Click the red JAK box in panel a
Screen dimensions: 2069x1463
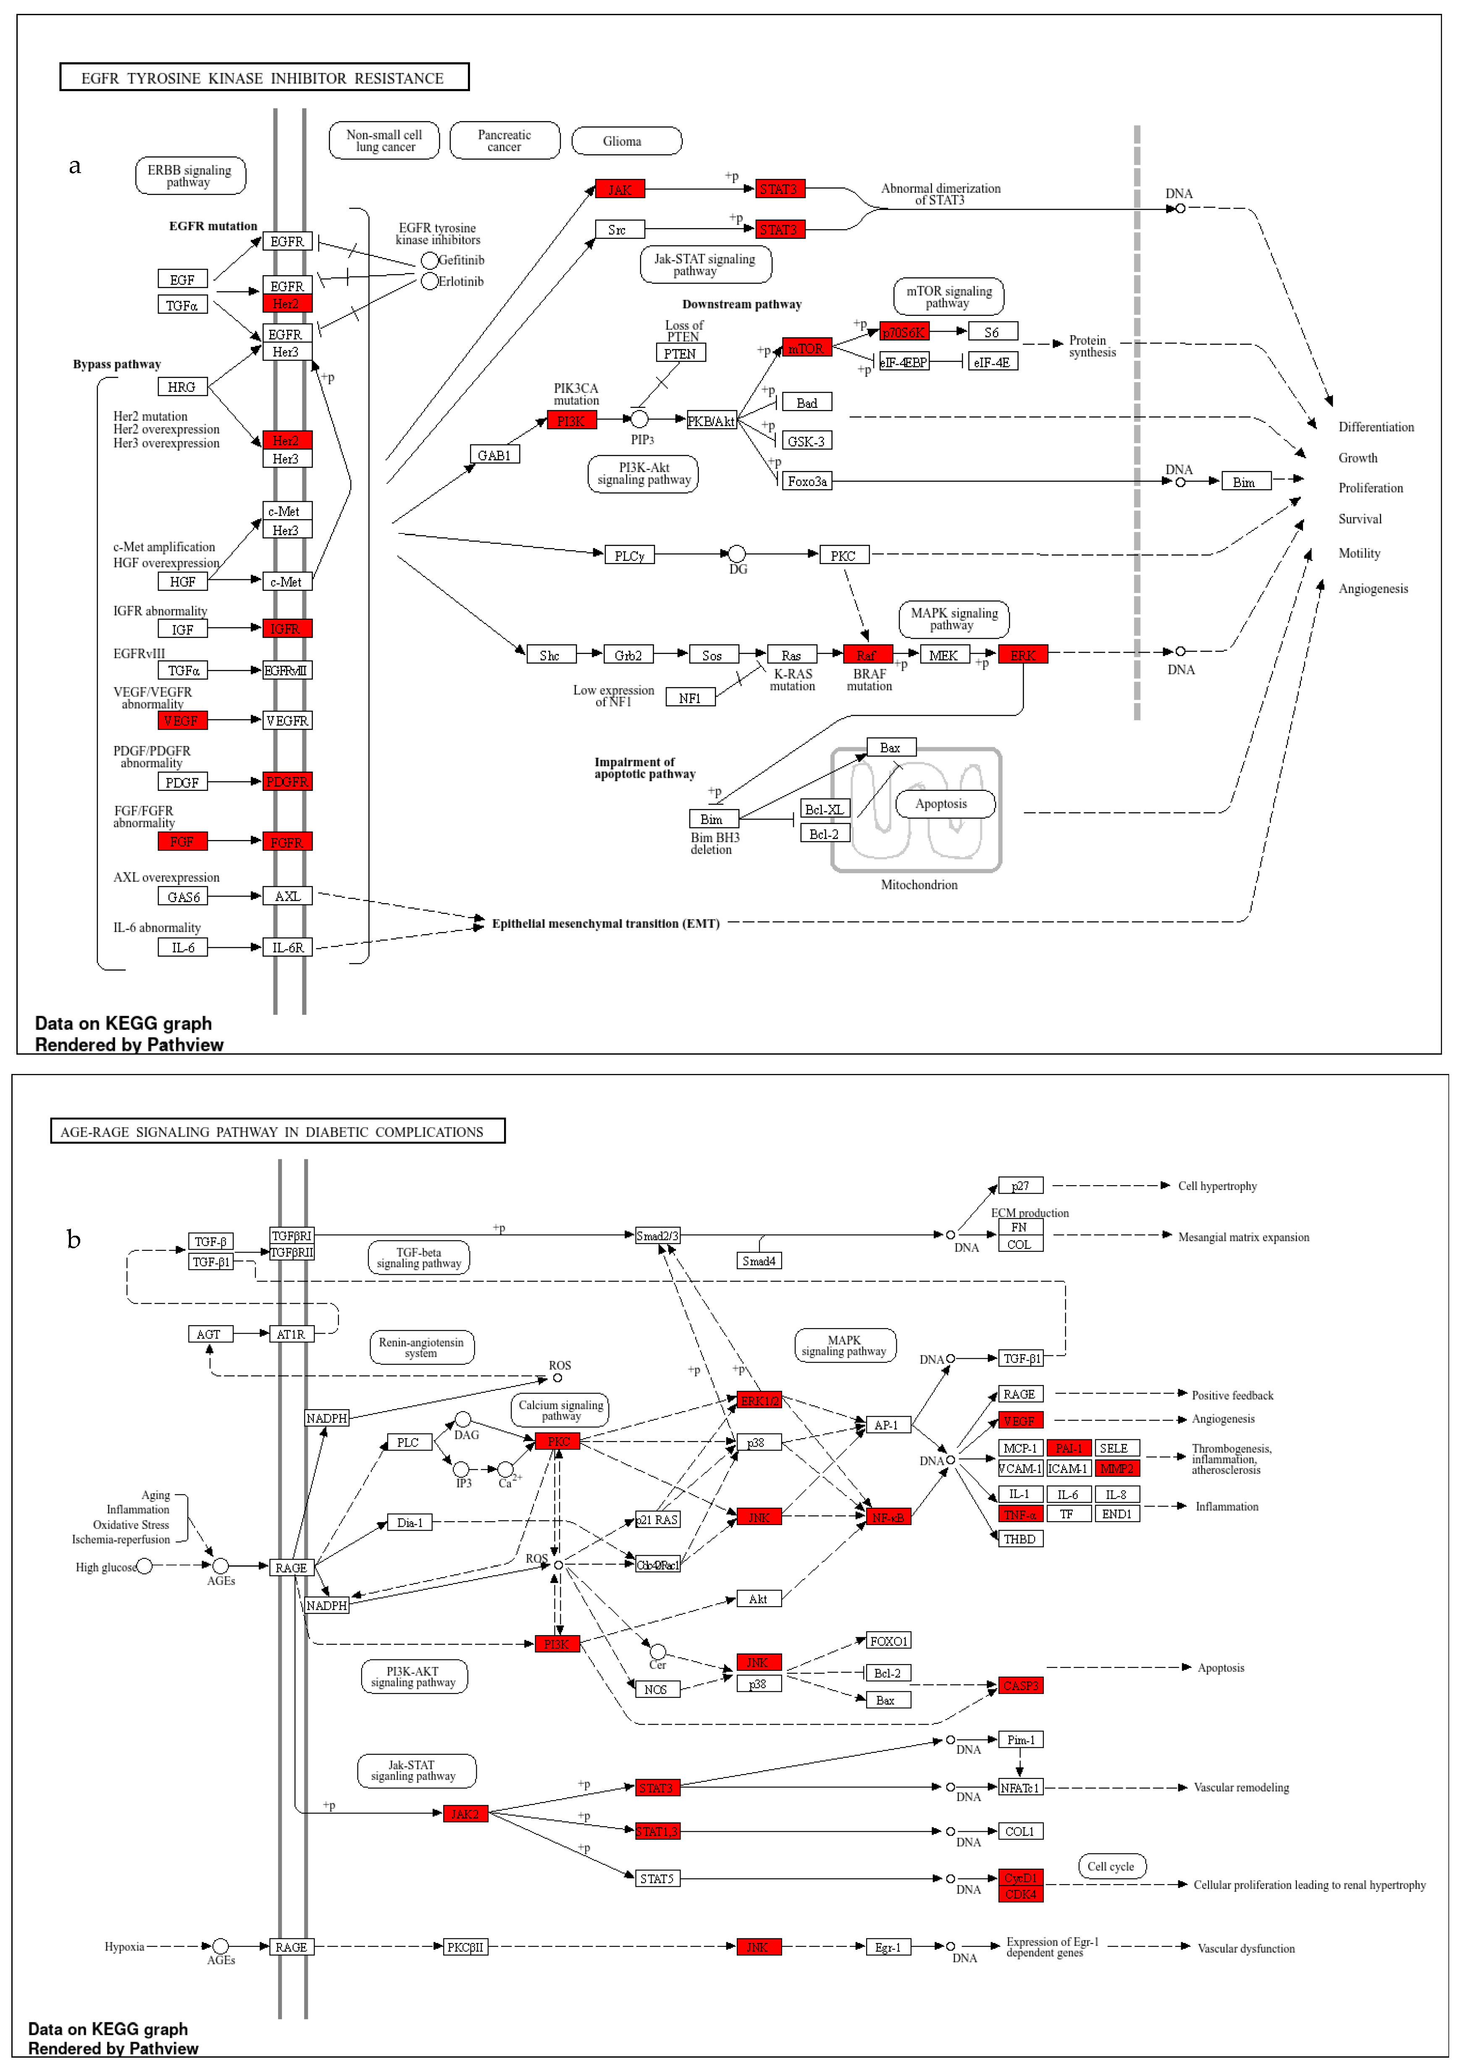(x=619, y=189)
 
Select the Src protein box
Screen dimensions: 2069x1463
(x=619, y=230)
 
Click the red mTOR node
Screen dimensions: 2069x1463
(x=806, y=348)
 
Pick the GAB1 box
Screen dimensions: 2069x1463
(x=494, y=455)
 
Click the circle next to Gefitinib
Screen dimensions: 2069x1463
(x=430, y=260)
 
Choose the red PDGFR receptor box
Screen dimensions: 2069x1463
(x=286, y=781)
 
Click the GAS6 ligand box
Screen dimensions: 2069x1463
(x=183, y=897)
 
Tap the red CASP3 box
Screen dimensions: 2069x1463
(x=1020, y=1685)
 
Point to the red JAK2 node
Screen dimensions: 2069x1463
(x=465, y=1813)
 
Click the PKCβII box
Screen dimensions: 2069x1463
(x=465, y=1946)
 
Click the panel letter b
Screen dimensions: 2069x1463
(x=74, y=1240)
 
